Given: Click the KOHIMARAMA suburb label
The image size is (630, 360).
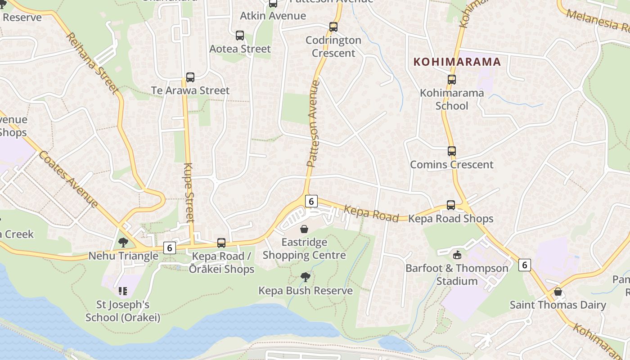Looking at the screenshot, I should coord(457,62).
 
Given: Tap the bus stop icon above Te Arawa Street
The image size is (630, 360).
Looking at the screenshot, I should coord(190,77).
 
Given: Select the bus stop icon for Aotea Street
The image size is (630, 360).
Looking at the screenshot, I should coord(240,36).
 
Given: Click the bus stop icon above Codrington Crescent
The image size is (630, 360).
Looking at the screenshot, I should coord(333,27).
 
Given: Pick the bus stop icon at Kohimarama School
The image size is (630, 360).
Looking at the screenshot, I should coord(452,80).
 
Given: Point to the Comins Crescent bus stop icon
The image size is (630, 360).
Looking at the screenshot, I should coord(452,151).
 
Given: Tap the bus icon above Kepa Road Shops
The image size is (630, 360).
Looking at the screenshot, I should coord(451,205).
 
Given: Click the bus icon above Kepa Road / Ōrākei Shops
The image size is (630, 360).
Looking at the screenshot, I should coord(221,243).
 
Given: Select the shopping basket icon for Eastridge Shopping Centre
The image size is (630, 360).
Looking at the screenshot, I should coord(304,229).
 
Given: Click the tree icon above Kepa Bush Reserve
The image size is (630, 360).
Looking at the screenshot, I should coord(306,277).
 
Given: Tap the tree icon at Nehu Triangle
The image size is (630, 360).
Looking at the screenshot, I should coord(123,243).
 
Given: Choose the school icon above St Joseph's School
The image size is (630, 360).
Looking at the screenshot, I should coord(123,291).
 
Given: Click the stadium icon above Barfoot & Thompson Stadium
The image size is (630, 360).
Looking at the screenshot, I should coord(457,255).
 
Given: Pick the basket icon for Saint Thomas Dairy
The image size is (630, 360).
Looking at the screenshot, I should coord(558,292).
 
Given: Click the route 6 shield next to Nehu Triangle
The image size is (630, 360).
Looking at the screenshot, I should coord(169,247).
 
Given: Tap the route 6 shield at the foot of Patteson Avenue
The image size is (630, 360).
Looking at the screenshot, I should coord(311,201).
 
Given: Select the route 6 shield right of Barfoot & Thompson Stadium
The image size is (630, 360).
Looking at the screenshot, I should coord(524,265).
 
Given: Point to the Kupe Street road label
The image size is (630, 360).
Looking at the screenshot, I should coord(189,193).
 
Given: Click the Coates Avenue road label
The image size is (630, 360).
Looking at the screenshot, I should coord(68,179).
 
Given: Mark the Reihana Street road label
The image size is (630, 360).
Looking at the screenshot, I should coord(93,63).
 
